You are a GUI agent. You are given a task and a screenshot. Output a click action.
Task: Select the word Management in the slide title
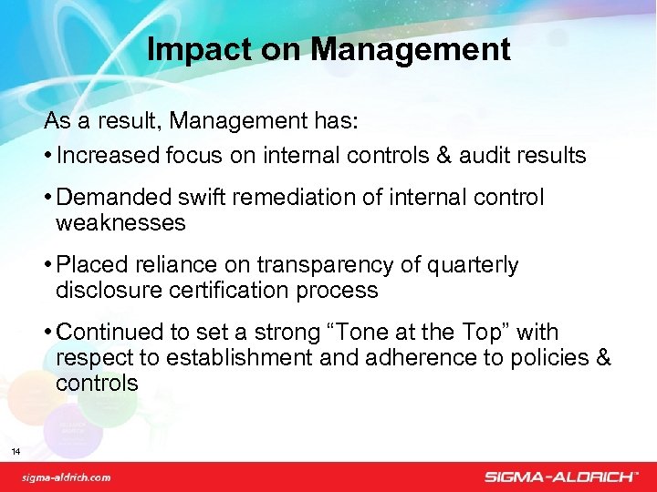coord(410,49)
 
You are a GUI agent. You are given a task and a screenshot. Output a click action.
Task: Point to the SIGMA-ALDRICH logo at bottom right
coord(561,477)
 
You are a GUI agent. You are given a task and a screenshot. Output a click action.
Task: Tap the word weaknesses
coord(120,221)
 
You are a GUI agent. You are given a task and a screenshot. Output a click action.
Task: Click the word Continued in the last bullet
coord(113,333)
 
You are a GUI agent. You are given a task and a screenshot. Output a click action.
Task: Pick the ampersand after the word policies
coord(602,357)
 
